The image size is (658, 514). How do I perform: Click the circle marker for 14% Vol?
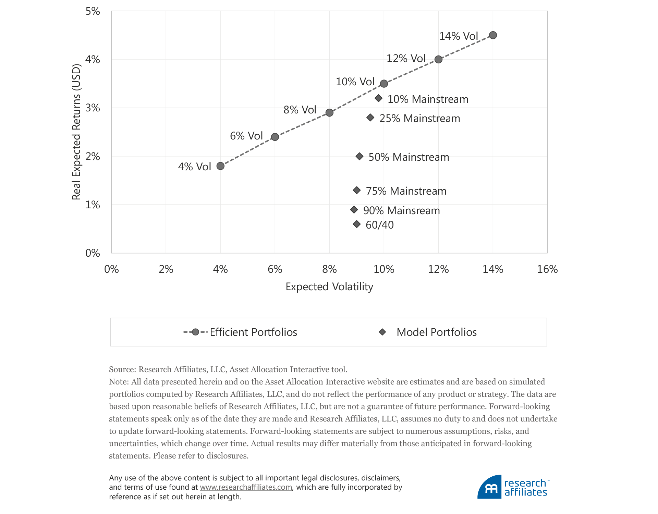pos(493,35)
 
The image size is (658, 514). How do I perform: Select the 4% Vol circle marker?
pos(220,166)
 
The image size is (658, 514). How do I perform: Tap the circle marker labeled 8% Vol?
pos(329,113)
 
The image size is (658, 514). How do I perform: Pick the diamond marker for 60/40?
pos(357,224)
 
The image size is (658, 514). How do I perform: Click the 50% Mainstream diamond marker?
pos(360,156)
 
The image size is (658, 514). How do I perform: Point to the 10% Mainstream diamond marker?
pos(379,98)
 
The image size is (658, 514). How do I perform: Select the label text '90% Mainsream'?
pos(401,210)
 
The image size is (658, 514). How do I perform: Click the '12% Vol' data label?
pos(406,58)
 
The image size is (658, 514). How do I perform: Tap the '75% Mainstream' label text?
pos(406,191)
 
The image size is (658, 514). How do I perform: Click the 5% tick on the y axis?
pos(93,11)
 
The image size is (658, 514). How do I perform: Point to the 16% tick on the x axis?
pos(547,269)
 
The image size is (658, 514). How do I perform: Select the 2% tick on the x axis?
pos(166,269)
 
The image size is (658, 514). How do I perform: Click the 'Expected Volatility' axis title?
pos(329,286)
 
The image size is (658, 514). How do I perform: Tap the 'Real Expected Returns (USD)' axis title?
pos(76,132)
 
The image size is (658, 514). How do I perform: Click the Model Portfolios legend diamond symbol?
pos(382,332)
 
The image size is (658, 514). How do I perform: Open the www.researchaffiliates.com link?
pos(246,487)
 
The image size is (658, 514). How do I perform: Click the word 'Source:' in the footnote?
pos(122,369)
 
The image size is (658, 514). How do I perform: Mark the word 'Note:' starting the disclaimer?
pos(119,382)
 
